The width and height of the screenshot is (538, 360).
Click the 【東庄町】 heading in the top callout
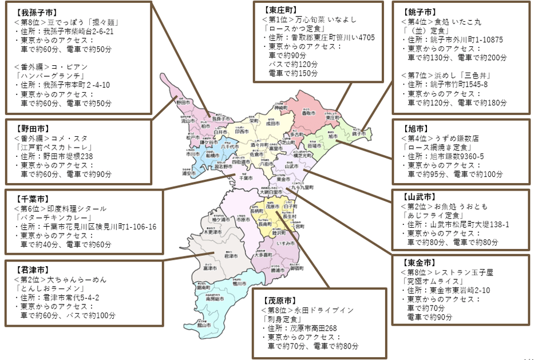pos(280,10)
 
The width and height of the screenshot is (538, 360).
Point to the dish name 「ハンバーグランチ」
pos(45,76)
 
